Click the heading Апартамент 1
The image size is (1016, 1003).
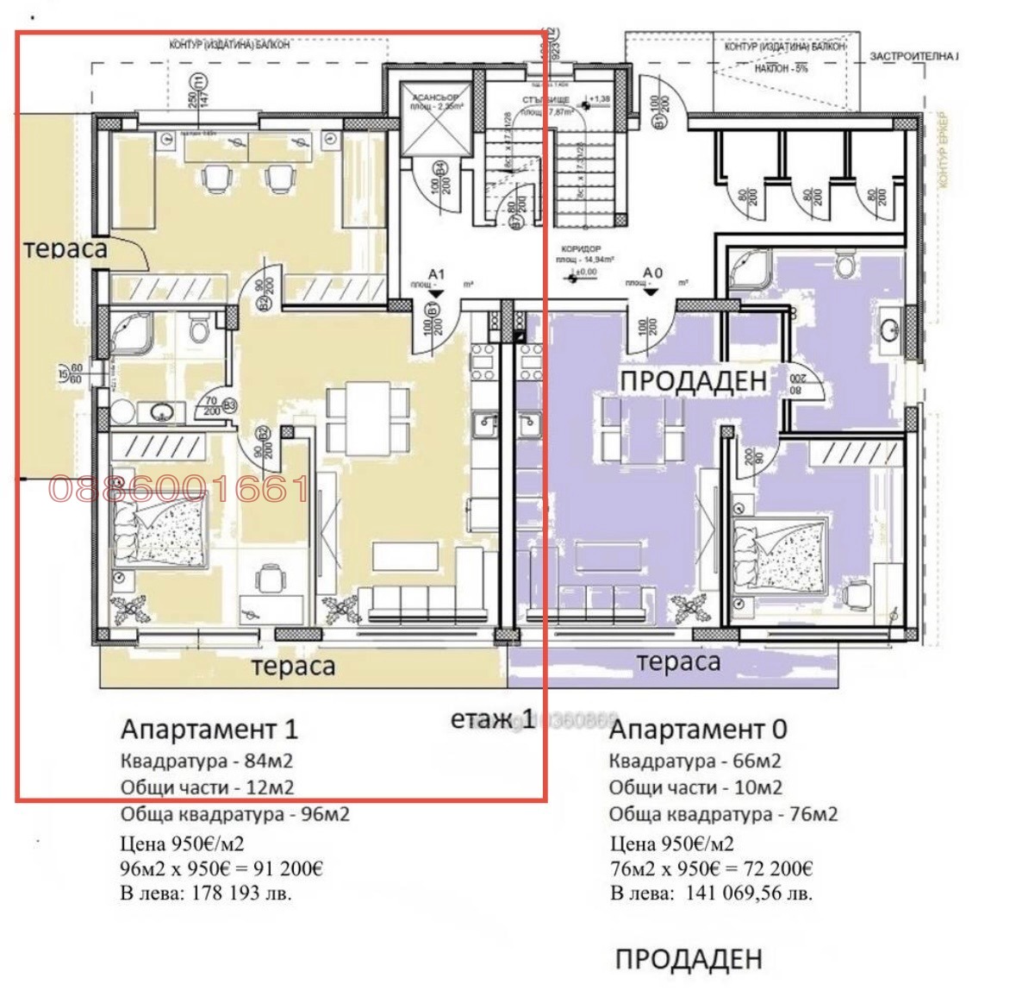(209, 729)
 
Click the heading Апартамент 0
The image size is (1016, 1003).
(697, 730)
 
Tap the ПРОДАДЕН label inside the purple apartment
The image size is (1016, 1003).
(693, 380)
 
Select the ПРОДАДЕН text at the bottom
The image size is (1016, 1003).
(689, 958)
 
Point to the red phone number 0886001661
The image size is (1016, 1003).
(178, 490)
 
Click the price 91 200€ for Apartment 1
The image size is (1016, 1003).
(285, 868)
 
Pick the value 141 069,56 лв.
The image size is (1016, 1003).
(748, 893)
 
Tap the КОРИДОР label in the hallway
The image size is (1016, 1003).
(580, 248)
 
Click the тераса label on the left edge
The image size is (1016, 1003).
(65, 248)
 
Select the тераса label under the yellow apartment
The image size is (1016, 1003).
(293, 666)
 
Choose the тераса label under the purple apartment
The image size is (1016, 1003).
(677, 662)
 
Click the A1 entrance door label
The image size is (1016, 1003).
(436, 273)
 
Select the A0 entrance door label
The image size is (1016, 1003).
(652, 273)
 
